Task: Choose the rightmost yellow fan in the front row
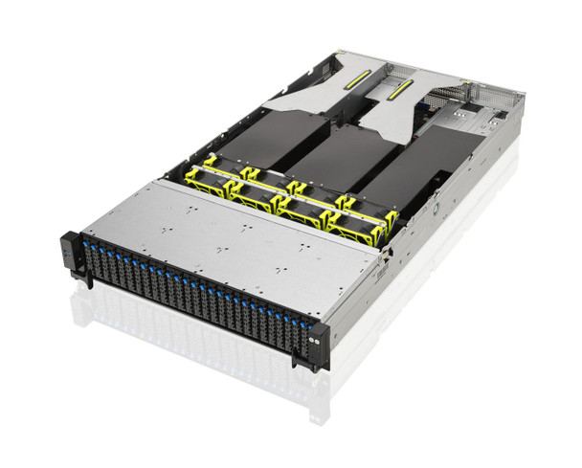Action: pos(359,228)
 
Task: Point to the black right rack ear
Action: pos(317,346)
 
